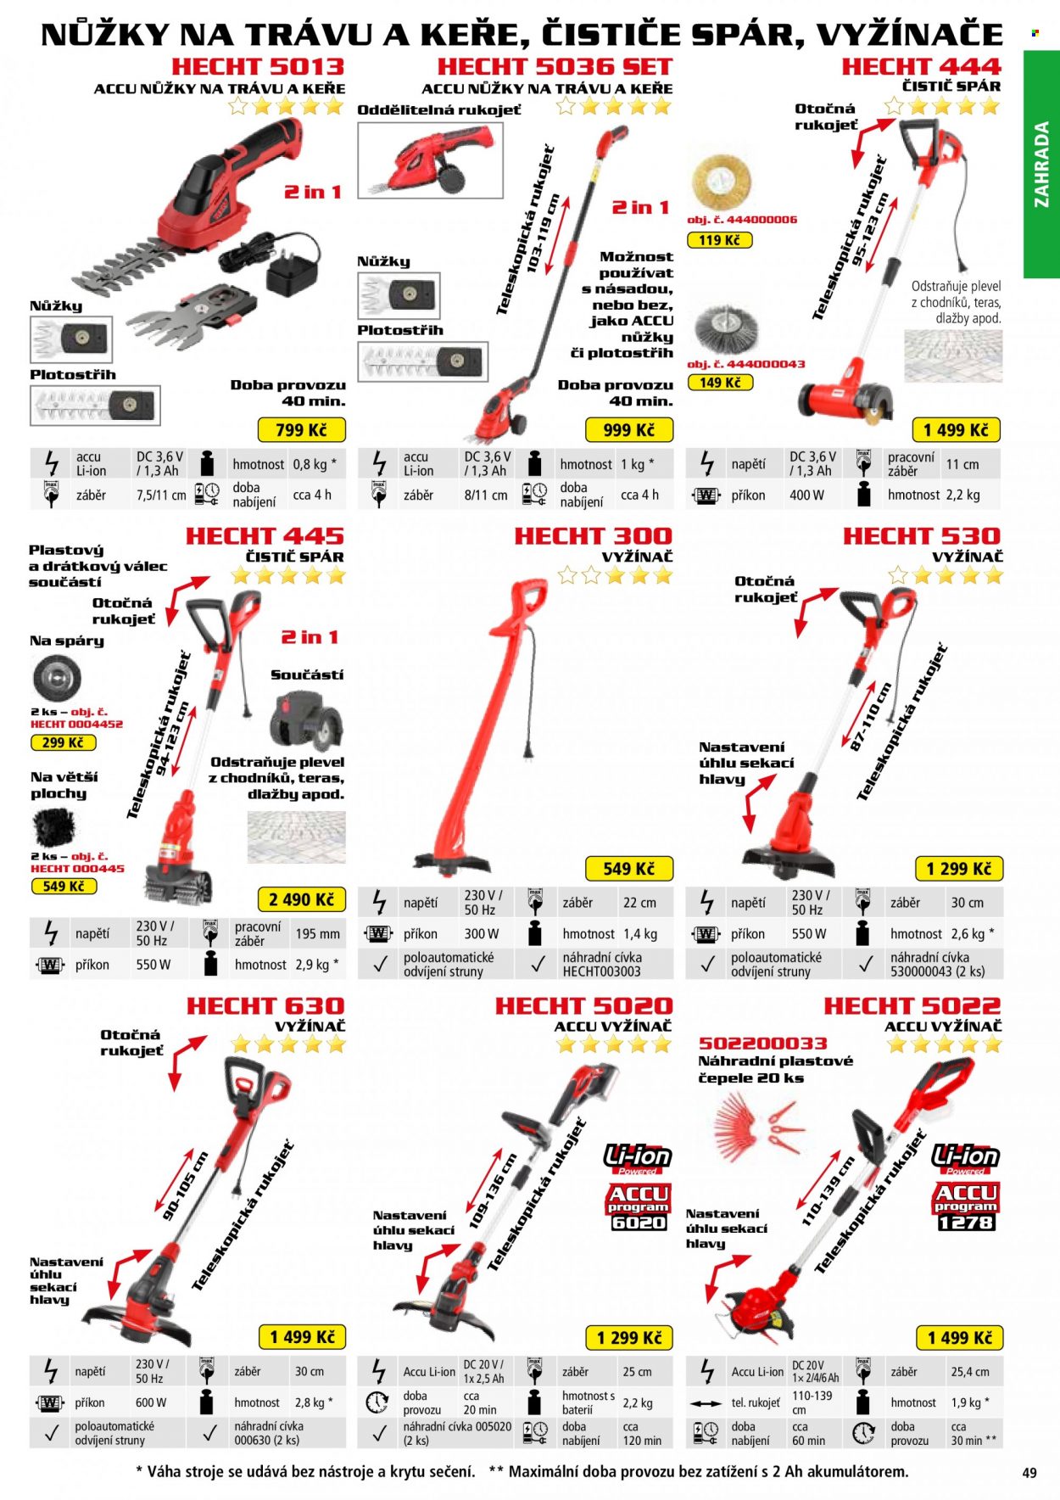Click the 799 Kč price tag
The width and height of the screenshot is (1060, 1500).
coord(301,430)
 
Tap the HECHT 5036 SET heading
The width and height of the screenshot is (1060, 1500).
coord(555,66)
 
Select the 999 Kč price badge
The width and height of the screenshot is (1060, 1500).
coord(628,430)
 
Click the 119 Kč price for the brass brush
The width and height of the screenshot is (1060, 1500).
coord(719,240)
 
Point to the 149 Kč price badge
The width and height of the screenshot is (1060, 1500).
coord(720,383)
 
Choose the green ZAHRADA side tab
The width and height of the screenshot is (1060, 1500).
coord(1041,165)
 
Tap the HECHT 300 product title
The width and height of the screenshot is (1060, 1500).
coord(593,536)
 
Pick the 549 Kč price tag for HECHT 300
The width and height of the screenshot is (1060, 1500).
coord(628,869)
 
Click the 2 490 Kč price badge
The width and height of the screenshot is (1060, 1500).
coord(301,899)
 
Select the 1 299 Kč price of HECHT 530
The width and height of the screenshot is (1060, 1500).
coord(958,869)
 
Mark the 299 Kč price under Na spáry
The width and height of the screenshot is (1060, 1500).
coord(63,742)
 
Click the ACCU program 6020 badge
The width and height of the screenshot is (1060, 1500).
coord(639,1206)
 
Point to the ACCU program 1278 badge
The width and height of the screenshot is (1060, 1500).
coord(966,1206)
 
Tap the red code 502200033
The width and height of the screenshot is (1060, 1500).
coord(762,1044)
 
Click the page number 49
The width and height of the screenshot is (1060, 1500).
coord(1029,1473)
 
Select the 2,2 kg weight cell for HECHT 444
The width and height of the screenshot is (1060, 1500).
coord(962,495)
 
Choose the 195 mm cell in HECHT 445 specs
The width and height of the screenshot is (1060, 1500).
coord(318,933)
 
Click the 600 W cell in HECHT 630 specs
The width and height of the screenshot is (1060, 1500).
coord(151,1402)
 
